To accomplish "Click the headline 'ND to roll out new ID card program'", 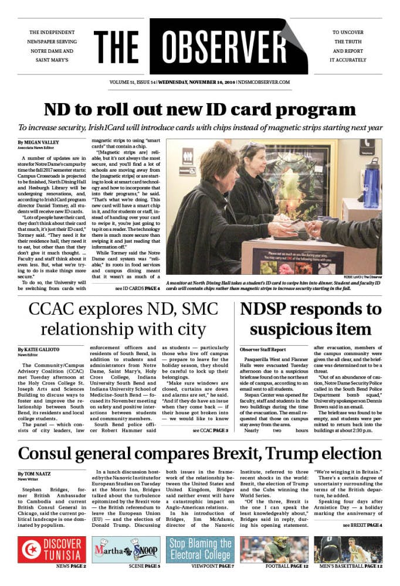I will coord(199,110).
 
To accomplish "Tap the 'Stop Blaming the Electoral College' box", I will coord(201,549).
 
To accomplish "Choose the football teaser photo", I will coord(273,549).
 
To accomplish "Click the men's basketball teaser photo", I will coord(348,549).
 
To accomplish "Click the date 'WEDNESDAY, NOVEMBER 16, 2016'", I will coord(195,82).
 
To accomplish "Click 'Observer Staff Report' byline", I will coord(261,349).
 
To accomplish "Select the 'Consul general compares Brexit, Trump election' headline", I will coord(199,453).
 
